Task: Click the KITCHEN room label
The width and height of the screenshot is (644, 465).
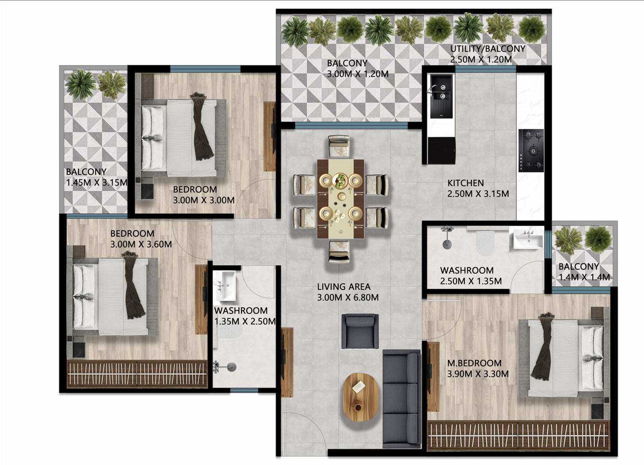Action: coord(465,183)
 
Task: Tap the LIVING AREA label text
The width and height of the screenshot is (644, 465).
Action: coord(343,287)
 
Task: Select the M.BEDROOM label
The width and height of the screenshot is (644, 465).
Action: coord(474,363)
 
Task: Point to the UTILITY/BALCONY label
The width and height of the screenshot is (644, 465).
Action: coord(487,49)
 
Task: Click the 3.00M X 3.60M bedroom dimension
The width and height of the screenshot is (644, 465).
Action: coord(141,244)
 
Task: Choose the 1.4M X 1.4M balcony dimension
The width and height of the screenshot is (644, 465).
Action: coord(584,277)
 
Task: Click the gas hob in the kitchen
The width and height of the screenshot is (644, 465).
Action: coord(531,151)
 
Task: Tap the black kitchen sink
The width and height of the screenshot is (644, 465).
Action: coord(441,95)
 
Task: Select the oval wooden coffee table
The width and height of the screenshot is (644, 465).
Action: coord(361,397)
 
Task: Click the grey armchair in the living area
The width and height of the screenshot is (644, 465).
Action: coord(360,331)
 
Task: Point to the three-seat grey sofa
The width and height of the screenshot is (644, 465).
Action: coord(401,397)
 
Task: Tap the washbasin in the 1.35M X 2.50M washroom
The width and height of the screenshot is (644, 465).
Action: coord(226,285)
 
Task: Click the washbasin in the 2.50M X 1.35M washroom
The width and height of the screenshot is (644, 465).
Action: coord(528,240)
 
